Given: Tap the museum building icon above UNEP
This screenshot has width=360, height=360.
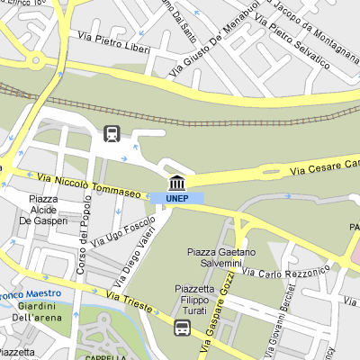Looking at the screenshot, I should pos(177,182).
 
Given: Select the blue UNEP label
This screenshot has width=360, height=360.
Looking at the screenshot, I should pos(177,198).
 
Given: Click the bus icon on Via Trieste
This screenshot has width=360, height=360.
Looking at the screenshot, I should pos(182,328).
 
